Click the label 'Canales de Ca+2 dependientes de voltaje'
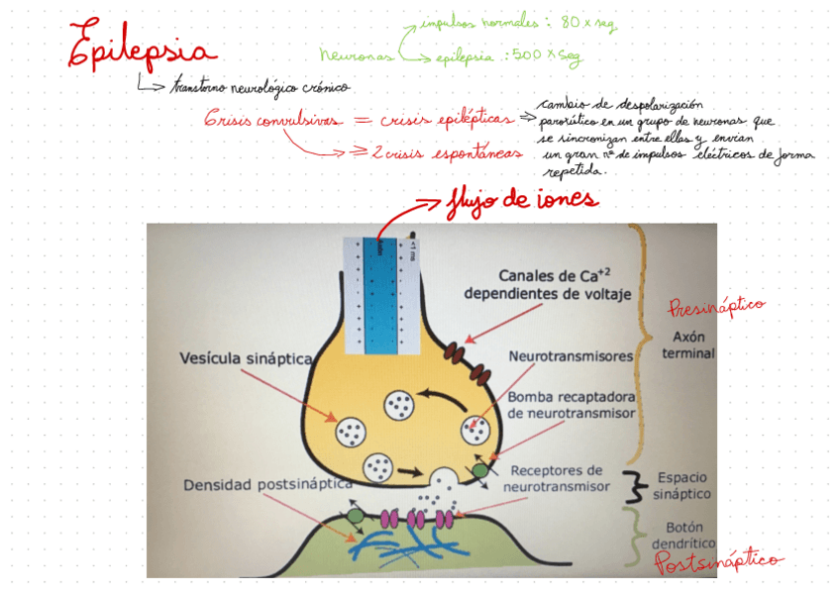(547, 283)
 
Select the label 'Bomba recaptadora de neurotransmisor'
(571, 406)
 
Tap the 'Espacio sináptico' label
(682, 485)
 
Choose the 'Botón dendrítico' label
(682, 536)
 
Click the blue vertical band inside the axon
(379, 294)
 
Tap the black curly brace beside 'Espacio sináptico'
(631, 485)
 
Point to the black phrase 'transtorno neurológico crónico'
(260, 87)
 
